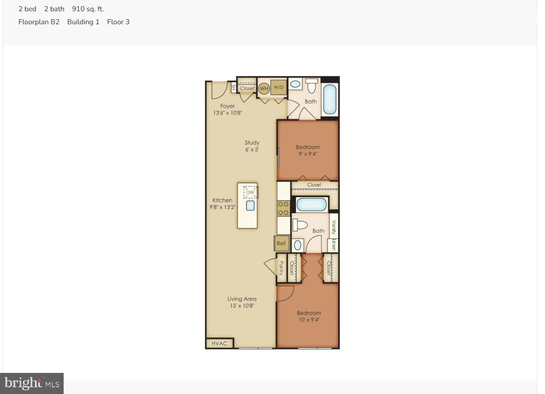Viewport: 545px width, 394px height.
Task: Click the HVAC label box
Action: [220, 344]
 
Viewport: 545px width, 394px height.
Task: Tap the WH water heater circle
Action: [264, 88]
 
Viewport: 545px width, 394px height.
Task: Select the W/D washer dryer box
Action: [278, 88]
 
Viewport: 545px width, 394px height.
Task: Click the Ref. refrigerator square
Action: [281, 244]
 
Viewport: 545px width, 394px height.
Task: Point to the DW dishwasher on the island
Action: [250, 193]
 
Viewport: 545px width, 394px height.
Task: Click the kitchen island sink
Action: [250, 206]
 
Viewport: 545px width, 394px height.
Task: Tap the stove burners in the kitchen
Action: [283, 208]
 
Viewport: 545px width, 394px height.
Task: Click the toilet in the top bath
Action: [312, 85]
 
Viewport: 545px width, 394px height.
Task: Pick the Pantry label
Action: [281, 268]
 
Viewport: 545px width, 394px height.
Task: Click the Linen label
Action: [333, 245]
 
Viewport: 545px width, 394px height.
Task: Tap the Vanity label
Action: [333, 225]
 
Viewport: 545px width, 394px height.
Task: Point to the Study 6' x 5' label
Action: [252, 146]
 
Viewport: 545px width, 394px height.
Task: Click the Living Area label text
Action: [242, 299]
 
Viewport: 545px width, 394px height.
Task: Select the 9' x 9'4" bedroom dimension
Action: [308, 154]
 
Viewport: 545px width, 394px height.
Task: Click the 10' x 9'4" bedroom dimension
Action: [309, 320]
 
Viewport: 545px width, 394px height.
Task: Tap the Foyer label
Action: [228, 106]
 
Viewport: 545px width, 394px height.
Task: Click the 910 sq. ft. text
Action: [88, 9]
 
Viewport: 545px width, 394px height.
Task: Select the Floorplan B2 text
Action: [39, 22]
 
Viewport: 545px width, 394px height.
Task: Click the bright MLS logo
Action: [32, 383]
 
